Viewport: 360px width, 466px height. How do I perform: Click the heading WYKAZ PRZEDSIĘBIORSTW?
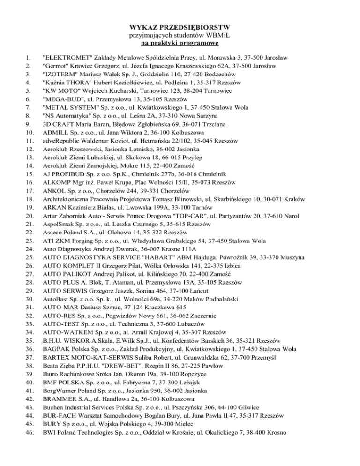click(x=180, y=27)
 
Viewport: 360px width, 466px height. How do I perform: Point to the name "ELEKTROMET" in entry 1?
click(x=66, y=57)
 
